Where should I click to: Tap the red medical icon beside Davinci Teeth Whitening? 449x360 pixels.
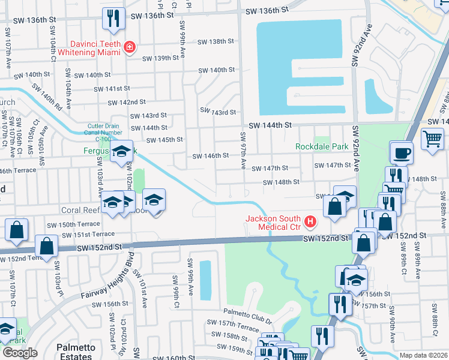click(x=129, y=47)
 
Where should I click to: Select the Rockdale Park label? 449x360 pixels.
click(x=322, y=146)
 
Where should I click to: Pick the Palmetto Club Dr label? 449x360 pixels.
click(x=247, y=313)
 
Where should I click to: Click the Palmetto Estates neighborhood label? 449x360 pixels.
click(x=77, y=352)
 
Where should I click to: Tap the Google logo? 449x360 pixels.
click(x=20, y=353)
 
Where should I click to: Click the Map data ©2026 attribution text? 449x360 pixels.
click(x=423, y=355)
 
